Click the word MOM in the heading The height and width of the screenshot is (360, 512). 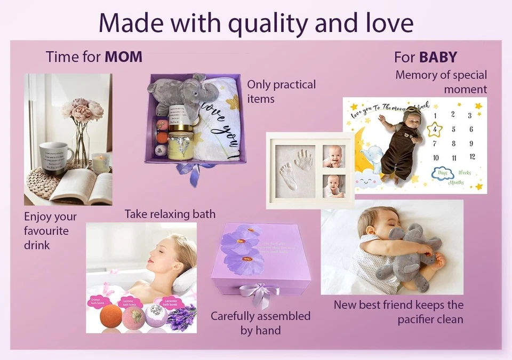click(123, 57)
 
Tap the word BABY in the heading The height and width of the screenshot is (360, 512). click(438, 57)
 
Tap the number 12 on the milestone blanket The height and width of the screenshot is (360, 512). click(471, 157)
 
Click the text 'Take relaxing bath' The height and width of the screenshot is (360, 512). click(170, 214)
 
